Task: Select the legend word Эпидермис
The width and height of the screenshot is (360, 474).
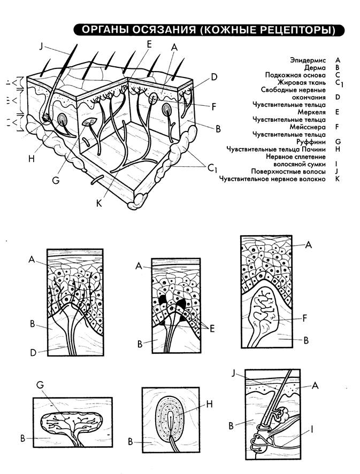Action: click(308, 60)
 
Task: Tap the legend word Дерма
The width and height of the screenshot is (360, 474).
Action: click(315, 68)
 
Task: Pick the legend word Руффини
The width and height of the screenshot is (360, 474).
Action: click(311, 142)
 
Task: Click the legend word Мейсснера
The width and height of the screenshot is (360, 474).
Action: click(308, 127)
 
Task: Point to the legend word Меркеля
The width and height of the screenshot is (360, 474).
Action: click(312, 112)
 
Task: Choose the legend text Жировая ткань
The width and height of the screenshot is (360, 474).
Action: click(302, 82)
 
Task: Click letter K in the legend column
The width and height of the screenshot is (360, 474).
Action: click(338, 179)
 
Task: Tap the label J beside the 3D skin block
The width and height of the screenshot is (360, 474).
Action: click(41, 46)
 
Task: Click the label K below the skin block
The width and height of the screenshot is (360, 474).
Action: click(99, 203)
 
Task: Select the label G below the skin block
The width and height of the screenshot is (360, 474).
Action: click(56, 180)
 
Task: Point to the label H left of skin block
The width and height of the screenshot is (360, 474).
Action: click(32, 158)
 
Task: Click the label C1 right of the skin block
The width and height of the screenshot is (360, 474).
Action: click(212, 168)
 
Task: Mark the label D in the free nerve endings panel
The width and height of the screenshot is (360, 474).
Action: click(33, 353)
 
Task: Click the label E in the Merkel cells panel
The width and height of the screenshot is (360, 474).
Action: click(212, 328)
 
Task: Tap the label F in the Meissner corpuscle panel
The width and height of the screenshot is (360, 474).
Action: click(305, 318)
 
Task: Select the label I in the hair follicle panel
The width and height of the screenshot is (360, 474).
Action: click(312, 429)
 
